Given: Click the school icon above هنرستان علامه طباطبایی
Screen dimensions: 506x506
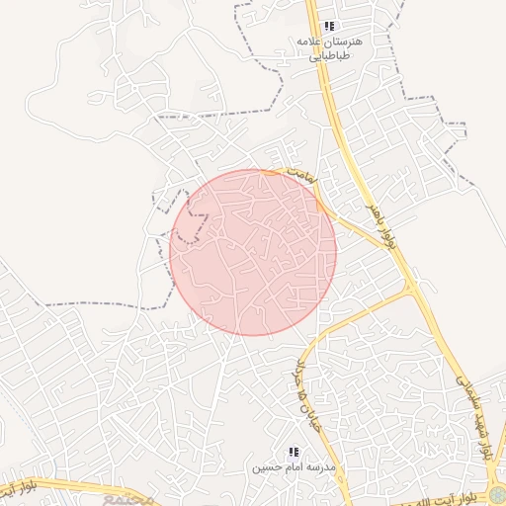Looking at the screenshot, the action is coord(329,27).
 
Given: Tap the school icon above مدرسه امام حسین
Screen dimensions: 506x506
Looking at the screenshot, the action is coord(294,452).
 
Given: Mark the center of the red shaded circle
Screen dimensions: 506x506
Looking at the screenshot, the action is coord(253,252).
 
